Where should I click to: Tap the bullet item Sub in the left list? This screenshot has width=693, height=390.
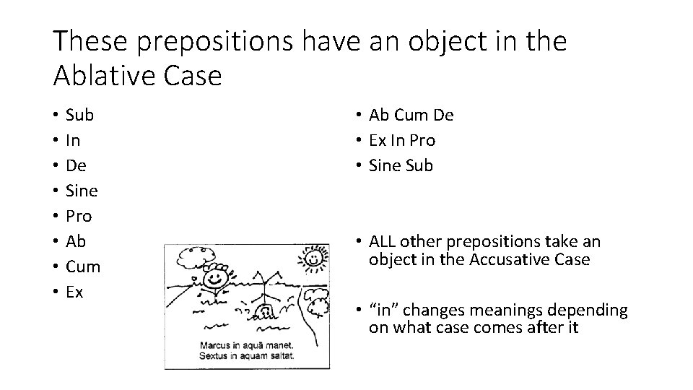79,115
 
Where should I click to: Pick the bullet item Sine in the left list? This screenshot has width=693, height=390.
82,191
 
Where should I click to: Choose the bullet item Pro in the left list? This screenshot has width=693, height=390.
80,216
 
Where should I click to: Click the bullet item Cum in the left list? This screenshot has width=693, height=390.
83,266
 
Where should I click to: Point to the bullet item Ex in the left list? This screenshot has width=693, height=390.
74,292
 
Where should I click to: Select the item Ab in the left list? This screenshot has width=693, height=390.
77,241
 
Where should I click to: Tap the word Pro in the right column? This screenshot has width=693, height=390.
423,140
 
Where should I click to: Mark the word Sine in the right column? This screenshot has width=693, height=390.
385,165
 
